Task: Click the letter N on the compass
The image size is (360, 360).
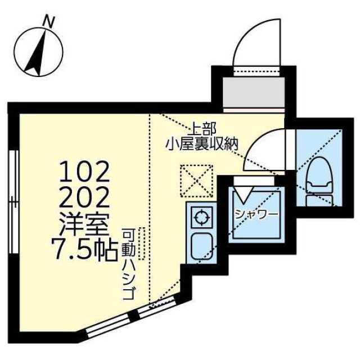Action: pos(50,22)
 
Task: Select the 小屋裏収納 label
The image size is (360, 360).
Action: pos(202,144)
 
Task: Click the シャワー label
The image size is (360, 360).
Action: pos(256,214)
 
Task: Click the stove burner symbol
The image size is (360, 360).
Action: pos(200,216)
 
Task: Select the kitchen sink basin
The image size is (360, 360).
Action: pos(200,245)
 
